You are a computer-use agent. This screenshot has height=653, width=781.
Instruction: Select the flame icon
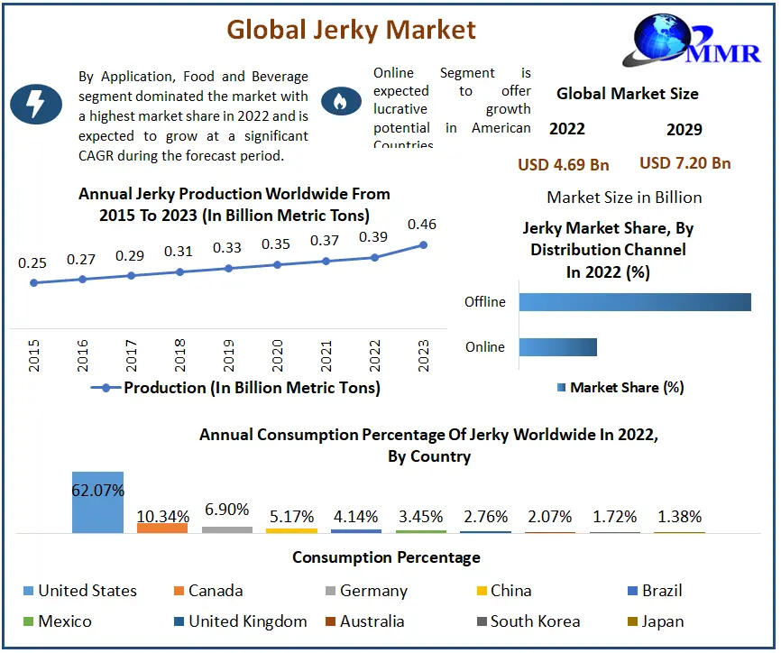pyautogui.click(x=340, y=102)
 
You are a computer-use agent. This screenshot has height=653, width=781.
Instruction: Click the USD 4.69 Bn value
pyautogui.click(x=564, y=164)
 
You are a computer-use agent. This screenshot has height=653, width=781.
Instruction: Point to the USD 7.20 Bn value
pyautogui.click(x=685, y=163)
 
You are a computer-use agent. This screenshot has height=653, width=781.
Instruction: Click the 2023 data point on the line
pyautogui.click(x=423, y=244)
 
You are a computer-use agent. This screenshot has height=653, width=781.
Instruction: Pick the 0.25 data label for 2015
pyautogui.click(x=32, y=263)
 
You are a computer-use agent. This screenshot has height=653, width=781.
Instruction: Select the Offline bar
pyautogui.click(x=635, y=302)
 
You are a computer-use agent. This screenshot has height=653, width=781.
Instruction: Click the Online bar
pyautogui.click(x=558, y=347)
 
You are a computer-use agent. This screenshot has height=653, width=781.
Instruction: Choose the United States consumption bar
pyautogui.click(x=97, y=501)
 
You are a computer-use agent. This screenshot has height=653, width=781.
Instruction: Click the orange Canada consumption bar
pyautogui.click(x=162, y=528)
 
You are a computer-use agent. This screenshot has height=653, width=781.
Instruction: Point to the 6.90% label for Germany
pyautogui.click(x=227, y=510)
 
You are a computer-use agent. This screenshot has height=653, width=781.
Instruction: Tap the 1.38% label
pyautogui.click(x=680, y=518)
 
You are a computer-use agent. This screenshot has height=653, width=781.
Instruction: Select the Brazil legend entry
pyautogui.click(x=656, y=591)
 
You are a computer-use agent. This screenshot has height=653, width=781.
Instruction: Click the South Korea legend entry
pyautogui.click(x=528, y=621)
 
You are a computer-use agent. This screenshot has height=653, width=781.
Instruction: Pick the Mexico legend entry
pyautogui.click(x=56, y=621)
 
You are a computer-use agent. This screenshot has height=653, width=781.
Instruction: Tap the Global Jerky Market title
pyautogui.click(x=351, y=30)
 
